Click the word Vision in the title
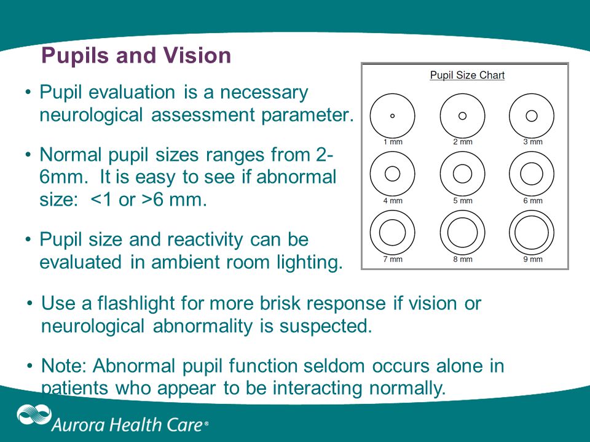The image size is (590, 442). (197, 55)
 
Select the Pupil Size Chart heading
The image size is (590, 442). (467, 75)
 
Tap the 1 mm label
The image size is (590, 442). (393, 142)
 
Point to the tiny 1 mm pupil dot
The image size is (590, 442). (393, 116)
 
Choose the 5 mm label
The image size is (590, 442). (462, 201)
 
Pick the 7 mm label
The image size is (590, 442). (393, 259)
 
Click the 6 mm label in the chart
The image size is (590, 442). (533, 201)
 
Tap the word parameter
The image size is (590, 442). (307, 115)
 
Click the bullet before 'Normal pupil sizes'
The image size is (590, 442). (28, 155)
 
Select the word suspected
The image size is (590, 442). (326, 326)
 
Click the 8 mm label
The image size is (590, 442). (462, 259)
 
